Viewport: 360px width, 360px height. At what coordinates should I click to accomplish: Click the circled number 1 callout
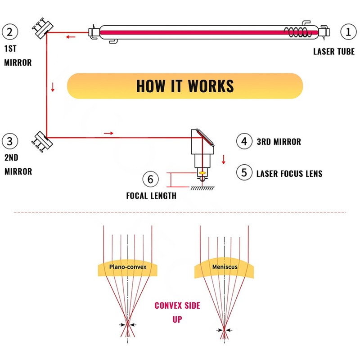click(x=347, y=32)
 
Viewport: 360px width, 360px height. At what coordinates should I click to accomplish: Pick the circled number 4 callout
click(x=244, y=141)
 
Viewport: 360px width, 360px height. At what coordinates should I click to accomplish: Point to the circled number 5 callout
click(x=244, y=172)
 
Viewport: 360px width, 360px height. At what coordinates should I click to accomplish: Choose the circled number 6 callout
click(x=151, y=179)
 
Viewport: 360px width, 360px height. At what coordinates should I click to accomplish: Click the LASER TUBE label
click(x=333, y=51)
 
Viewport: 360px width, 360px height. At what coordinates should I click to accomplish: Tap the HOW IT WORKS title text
click(x=184, y=86)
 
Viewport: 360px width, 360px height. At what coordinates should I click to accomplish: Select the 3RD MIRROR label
click(x=279, y=142)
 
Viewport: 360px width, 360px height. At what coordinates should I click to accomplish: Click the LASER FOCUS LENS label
click(x=289, y=173)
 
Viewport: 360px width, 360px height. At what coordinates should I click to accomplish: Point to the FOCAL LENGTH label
click(x=151, y=196)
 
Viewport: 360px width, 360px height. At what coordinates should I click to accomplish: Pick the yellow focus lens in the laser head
click(x=202, y=173)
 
